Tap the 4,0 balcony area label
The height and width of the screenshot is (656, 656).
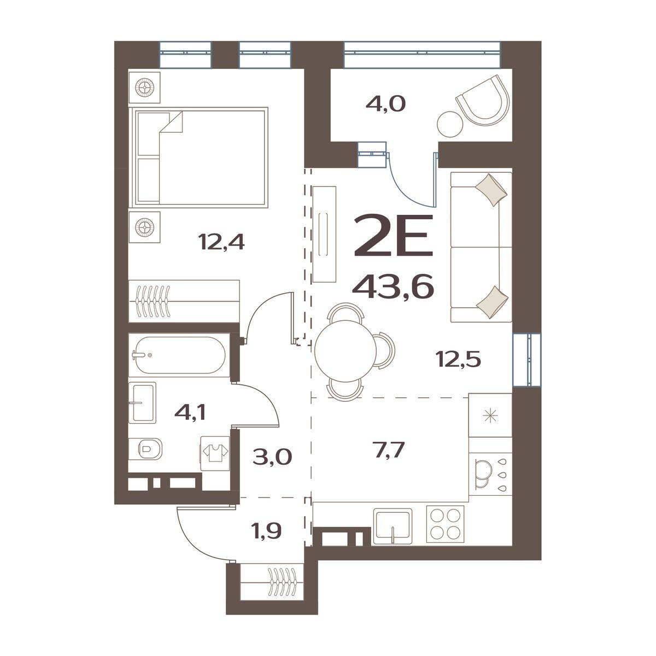point(385,104)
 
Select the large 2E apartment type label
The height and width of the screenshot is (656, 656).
point(393,235)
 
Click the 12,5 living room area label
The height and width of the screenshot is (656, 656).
point(459,359)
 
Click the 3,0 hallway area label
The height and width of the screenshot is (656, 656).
point(272,457)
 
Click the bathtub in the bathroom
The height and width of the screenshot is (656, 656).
point(179,355)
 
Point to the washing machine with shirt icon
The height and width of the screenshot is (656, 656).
point(215,454)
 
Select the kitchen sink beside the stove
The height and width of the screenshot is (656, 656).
point(393,526)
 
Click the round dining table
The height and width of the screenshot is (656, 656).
point(345,352)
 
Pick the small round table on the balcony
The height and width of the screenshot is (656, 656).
point(450,125)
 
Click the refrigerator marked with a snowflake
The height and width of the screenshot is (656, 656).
point(490,415)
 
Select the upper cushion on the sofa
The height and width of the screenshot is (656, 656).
point(491,190)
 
